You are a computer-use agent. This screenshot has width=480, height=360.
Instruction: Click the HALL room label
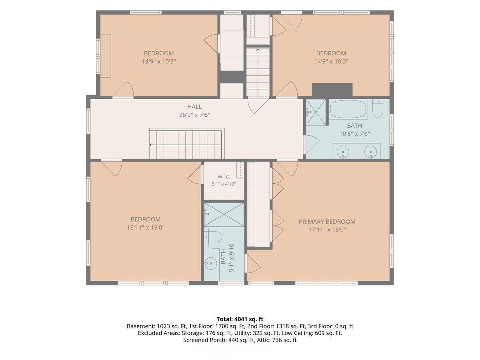[x=194, y=107]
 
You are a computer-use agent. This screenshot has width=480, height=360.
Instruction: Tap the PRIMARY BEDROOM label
[x=327, y=222]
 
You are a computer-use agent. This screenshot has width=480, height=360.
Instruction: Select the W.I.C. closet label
[x=224, y=177]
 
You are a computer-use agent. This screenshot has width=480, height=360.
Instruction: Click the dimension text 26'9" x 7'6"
[x=194, y=115]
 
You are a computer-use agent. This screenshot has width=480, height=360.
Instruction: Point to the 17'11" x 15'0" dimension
[x=327, y=230]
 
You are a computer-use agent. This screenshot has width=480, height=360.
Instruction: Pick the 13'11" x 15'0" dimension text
[x=146, y=228]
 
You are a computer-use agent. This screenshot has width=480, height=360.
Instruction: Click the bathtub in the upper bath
[x=348, y=109]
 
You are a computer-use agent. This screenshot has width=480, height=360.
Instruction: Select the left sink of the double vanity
[x=343, y=152]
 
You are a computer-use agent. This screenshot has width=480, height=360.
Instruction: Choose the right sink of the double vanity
[x=370, y=152]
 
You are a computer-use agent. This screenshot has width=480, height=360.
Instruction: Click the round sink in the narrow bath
[x=211, y=264]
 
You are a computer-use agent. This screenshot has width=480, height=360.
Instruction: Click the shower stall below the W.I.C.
[x=224, y=214]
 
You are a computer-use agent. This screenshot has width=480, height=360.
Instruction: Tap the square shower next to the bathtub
[x=316, y=112]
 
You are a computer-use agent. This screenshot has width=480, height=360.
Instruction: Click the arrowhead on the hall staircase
[x=151, y=145]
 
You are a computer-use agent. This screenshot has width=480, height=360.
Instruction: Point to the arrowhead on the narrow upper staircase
[x=258, y=50]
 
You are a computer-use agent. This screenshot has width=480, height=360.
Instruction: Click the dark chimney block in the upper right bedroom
[x=332, y=90]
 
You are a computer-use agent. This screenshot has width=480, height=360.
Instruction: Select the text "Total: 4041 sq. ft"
[x=240, y=319]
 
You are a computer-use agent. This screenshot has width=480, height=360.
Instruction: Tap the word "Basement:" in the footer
[x=141, y=326]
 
